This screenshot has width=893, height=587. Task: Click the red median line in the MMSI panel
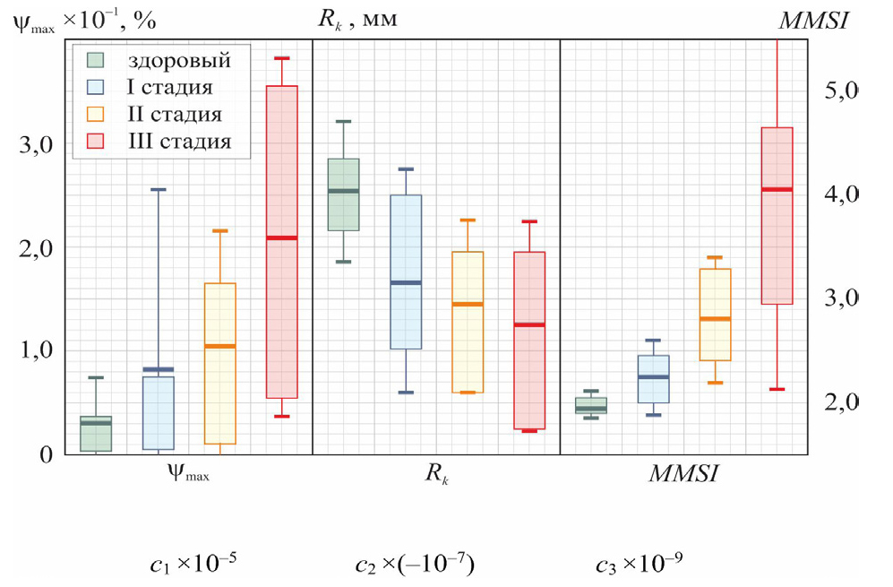(777, 189)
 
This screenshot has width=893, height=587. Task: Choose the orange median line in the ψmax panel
(220, 346)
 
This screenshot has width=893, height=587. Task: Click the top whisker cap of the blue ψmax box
(159, 190)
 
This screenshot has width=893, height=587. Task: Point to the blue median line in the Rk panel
(406, 283)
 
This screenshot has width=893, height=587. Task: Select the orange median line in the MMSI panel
(715, 319)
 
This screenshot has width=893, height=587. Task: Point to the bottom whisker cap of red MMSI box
(777, 390)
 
